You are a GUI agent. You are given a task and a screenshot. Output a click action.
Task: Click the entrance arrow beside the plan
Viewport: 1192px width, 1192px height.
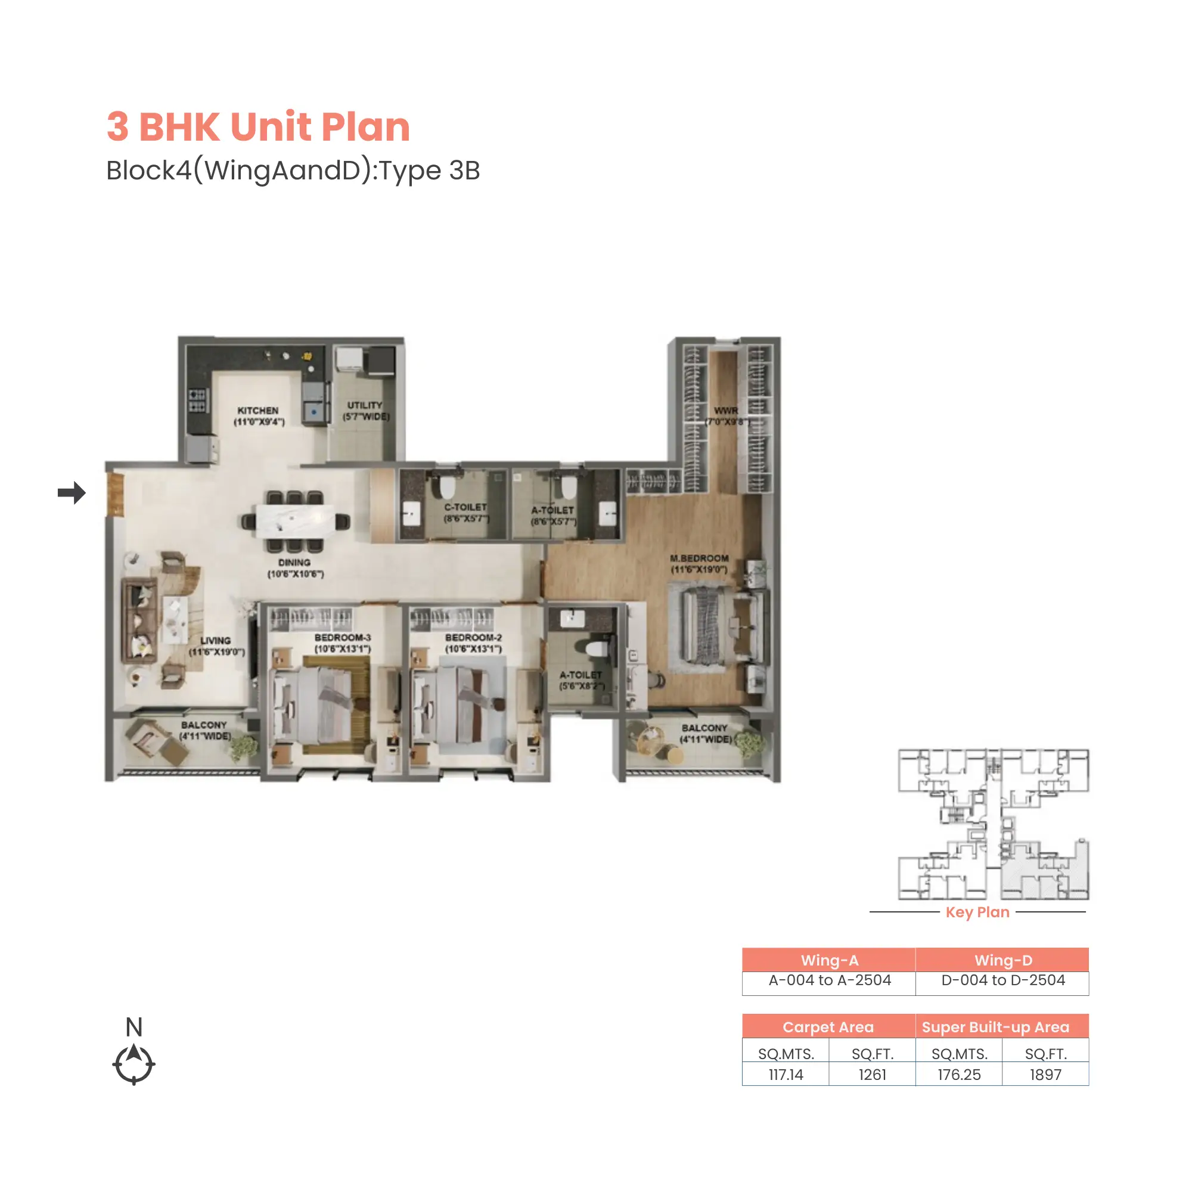tap(72, 492)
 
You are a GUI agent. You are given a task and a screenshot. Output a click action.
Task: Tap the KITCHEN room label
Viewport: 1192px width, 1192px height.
tap(258, 411)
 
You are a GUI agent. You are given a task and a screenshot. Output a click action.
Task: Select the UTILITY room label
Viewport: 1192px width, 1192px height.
tap(365, 405)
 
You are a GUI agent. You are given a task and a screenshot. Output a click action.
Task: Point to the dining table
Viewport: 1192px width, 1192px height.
tap(296, 521)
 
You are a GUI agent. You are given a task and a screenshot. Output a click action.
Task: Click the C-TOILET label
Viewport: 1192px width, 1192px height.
tap(466, 507)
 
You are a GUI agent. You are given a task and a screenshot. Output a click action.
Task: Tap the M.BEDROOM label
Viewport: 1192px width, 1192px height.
tap(699, 558)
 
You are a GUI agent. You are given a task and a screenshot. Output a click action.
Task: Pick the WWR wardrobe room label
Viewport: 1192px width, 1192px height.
tap(725, 411)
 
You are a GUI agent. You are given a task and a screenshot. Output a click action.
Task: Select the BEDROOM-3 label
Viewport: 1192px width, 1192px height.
tap(343, 637)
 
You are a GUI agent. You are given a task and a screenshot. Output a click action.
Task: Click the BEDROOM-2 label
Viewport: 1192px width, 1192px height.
tap(473, 637)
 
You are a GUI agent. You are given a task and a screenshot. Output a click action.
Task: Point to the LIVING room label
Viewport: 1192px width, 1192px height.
tap(215, 641)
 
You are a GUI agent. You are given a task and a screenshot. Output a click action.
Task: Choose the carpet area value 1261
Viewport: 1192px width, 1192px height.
tap(872, 1074)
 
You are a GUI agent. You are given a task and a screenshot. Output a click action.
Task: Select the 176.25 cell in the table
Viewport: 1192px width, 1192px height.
tap(959, 1074)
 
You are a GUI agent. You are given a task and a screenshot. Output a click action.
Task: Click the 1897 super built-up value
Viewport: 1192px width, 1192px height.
tap(1045, 1074)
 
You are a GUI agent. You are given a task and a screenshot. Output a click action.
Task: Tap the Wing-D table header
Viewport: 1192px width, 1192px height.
tap(1002, 960)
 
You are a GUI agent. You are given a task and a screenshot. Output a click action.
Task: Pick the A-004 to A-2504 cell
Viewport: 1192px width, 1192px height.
tap(829, 980)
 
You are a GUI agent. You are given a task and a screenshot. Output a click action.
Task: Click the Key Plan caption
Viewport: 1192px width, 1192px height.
tap(977, 912)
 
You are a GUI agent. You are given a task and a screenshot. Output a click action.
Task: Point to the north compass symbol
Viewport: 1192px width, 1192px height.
tap(134, 1063)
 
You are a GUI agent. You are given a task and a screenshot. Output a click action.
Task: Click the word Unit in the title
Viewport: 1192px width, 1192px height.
tap(271, 127)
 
